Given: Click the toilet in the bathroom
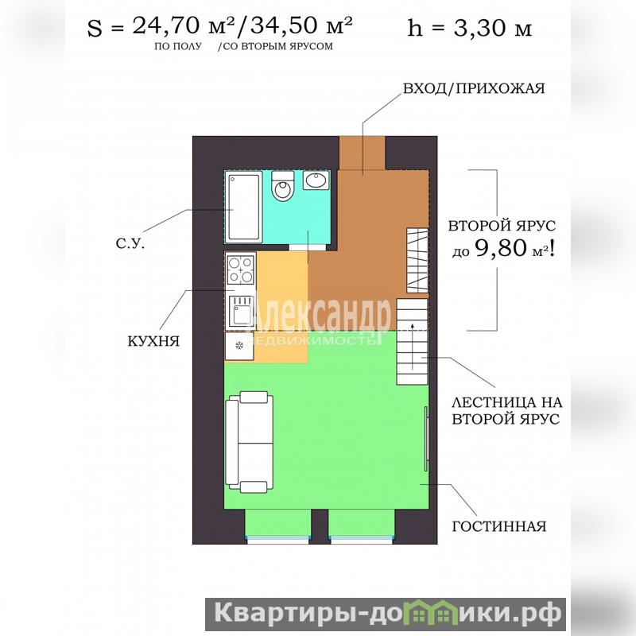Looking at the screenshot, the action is pyautogui.click(x=282, y=186).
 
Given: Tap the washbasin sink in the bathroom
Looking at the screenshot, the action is pyautogui.click(x=316, y=180).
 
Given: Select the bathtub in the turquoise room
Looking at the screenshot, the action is pyautogui.click(x=243, y=207).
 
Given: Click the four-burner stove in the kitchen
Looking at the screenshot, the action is pyautogui.click(x=241, y=270).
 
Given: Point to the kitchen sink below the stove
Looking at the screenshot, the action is pyautogui.click(x=241, y=312).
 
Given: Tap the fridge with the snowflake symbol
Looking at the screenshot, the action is pyautogui.click(x=239, y=346).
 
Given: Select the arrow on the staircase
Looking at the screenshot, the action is pyautogui.click(x=413, y=346).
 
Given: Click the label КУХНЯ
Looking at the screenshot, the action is pyautogui.click(x=153, y=342).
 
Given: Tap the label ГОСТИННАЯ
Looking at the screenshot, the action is pyautogui.click(x=499, y=526).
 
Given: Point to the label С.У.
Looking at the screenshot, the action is pyautogui.click(x=130, y=243).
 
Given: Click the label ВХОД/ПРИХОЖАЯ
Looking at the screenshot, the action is pyautogui.click(x=473, y=88).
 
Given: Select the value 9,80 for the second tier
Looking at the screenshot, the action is pyautogui.click(x=501, y=248).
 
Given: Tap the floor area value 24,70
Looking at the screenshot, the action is pyautogui.click(x=166, y=26).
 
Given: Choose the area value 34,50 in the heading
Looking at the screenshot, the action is pyautogui.click(x=284, y=25).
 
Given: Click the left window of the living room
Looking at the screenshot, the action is pyautogui.click(x=277, y=540).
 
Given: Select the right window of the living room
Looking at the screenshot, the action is pyautogui.click(x=361, y=540).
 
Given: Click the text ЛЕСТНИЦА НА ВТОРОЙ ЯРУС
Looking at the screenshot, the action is pyautogui.click(x=506, y=410).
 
